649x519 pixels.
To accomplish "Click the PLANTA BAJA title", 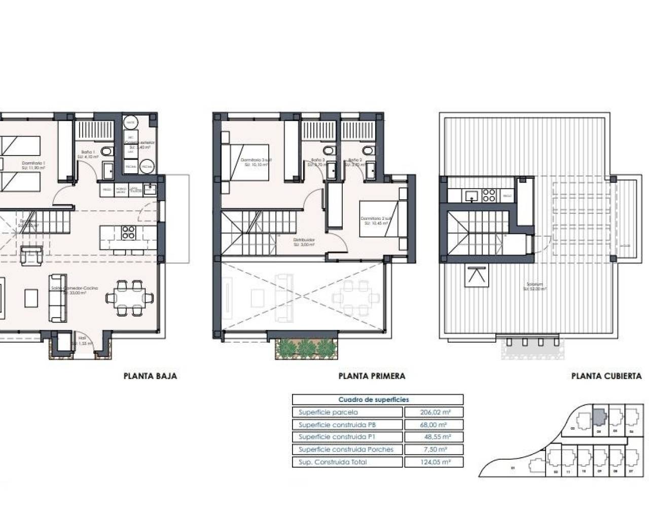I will (150, 376).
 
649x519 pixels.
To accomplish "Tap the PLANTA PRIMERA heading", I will (372, 376).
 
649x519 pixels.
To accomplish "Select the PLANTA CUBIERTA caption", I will (606, 376).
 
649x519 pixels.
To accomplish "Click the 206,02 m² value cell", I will (434, 412).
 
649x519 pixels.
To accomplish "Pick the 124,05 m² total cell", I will (434, 462).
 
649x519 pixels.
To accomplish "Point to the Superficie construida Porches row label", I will (346, 450).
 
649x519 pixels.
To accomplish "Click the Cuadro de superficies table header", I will (377, 399).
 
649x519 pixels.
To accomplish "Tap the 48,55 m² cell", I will (434, 437).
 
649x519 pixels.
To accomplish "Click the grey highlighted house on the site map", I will (599, 417).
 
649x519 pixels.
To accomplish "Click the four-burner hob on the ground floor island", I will (128, 232).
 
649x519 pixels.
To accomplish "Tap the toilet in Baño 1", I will (105, 151).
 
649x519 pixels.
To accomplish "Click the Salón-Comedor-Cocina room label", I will (74, 289).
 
